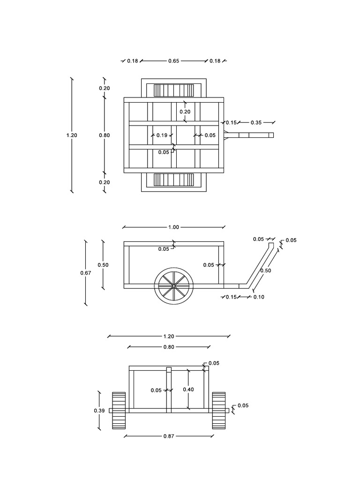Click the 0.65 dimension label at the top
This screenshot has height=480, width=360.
(x=173, y=61)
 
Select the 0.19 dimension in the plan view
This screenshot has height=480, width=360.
(x=162, y=135)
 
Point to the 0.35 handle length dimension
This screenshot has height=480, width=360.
(x=256, y=122)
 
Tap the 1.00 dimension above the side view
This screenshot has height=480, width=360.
(x=173, y=227)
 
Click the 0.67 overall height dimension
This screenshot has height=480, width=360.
(x=86, y=273)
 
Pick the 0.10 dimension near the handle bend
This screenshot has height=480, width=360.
(x=259, y=297)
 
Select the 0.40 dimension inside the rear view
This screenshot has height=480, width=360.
(x=188, y=390)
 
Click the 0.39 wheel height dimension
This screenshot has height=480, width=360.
(x=99, y=411)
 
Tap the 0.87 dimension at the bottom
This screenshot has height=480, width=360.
(x=169, y=436)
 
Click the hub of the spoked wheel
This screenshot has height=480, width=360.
(x=173, y=286)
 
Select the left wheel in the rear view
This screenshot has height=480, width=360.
(x=119, y=411)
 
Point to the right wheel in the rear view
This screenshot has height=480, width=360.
(x=219, y=411)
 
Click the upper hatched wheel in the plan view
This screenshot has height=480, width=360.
(x=173, y=90)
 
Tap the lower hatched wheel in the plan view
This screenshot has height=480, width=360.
(x=173, y=180)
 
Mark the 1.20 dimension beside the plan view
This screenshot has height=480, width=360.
(x=72, y=135)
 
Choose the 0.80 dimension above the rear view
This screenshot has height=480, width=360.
(x=169, y=347)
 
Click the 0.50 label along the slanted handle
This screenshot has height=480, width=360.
(x=266, y=270)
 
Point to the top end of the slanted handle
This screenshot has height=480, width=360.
(x=271, y=243)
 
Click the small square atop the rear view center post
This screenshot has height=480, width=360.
(x=169, y=369)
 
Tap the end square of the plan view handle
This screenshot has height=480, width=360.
(x=271, y=135)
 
